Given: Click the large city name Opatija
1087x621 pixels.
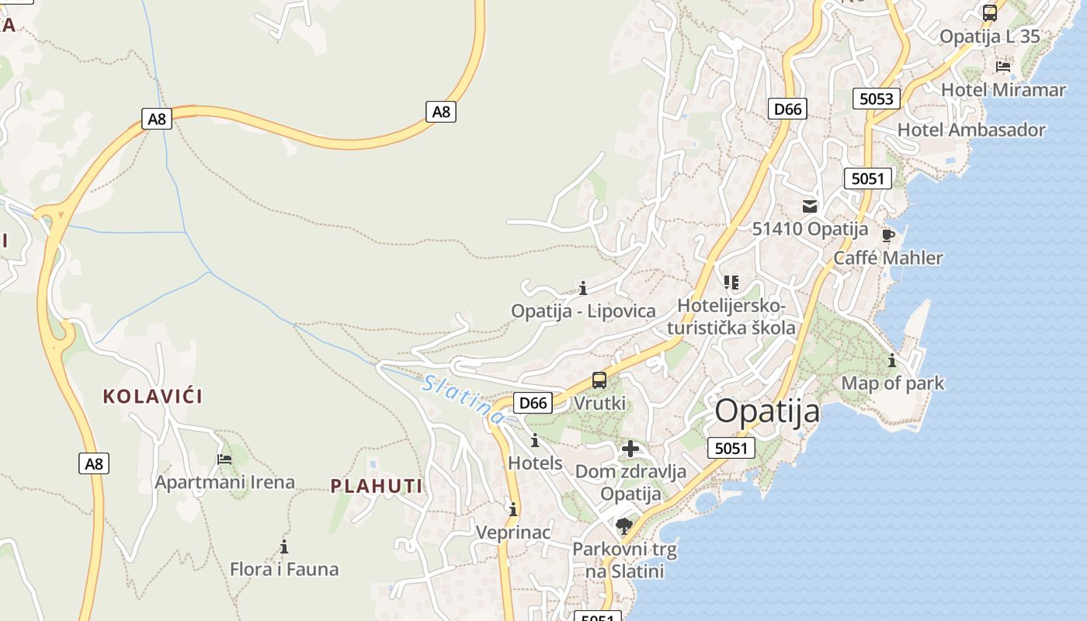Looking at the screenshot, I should (766, 411).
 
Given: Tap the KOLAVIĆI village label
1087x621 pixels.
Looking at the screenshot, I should (153, 397).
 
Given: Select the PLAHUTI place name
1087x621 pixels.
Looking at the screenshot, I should (377, 487).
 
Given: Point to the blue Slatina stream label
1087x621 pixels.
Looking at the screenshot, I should (464, 399).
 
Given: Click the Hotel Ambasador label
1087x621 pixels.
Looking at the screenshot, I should (971, 130).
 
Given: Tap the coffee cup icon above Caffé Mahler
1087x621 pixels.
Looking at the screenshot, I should (888, 235).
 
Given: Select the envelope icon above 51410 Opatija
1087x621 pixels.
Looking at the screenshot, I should (810, 206).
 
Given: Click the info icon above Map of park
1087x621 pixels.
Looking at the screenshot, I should (892, 360).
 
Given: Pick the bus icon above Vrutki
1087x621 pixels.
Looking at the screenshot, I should (599, 380).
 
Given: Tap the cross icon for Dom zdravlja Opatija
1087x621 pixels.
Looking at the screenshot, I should (630, 449).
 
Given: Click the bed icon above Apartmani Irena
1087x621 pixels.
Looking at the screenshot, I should (224, 459).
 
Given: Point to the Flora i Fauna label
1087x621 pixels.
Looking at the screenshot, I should (284, 569).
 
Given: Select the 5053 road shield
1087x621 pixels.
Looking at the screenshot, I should (877, 99).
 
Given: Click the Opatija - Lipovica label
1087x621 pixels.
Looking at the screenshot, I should (583, 311).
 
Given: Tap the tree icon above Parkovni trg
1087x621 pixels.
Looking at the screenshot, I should (623, 527).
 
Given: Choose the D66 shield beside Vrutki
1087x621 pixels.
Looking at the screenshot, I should (533, 403).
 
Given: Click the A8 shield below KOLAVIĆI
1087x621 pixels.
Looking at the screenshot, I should (94, 464).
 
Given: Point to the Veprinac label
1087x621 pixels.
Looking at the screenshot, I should (513, 533).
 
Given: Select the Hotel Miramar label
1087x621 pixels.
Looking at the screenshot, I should (1003, 90).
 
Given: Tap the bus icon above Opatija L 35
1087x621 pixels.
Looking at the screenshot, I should (990, 13).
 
